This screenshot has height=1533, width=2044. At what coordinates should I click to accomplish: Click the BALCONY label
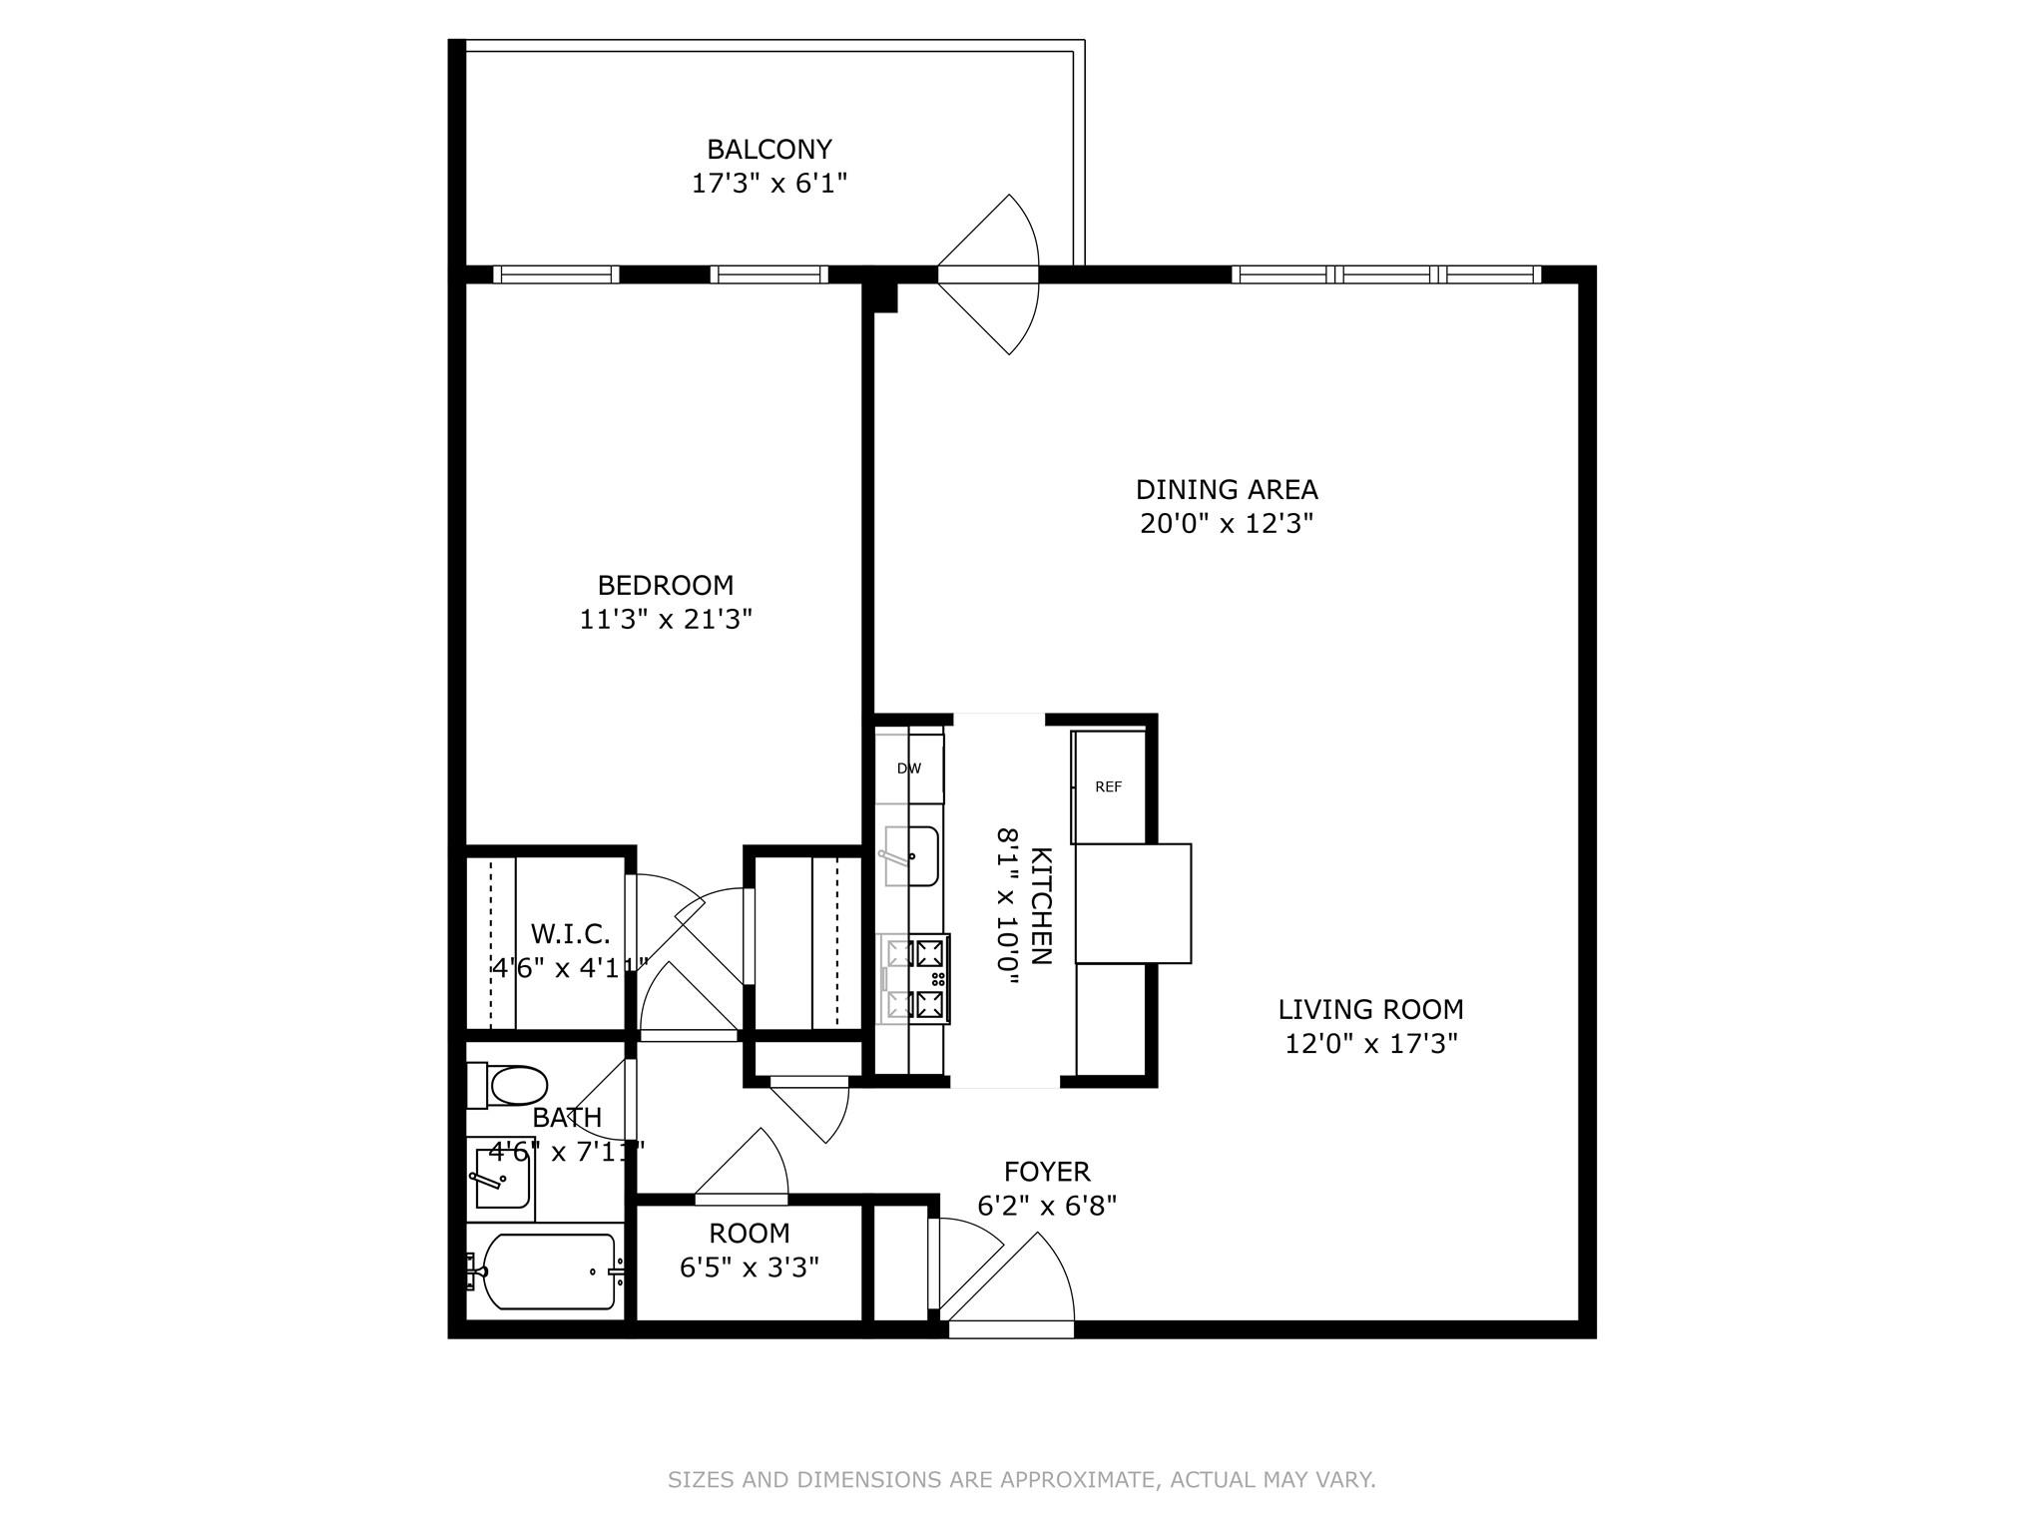tap(768, 150)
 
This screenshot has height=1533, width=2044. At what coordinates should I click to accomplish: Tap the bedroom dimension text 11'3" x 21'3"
tap(666, 620)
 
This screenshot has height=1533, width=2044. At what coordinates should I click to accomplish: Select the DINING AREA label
tap(1227, 490)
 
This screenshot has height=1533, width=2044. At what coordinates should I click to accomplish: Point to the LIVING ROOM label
tap(1370, 1009)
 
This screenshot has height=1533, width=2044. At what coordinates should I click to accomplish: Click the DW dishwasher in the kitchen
tap(909, 768)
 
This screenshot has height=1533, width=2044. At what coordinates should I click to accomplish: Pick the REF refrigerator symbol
tap(1109, 787)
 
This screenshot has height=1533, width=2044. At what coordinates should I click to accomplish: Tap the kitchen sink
tap(909, 856)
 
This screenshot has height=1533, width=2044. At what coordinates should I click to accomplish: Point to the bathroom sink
tap(501, 1179)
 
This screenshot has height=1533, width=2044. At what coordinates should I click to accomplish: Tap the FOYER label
tap(1047, 1172)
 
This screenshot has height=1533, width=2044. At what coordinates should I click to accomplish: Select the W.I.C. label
tap(570, 935)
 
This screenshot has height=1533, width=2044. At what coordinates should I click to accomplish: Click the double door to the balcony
tap(988, 274)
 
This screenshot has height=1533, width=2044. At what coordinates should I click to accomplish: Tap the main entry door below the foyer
tap(1011, 1328)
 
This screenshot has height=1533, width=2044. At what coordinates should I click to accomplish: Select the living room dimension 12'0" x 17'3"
tap(1370, 1044)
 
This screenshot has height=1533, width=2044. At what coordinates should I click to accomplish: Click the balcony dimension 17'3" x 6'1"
tap(768, 184)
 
